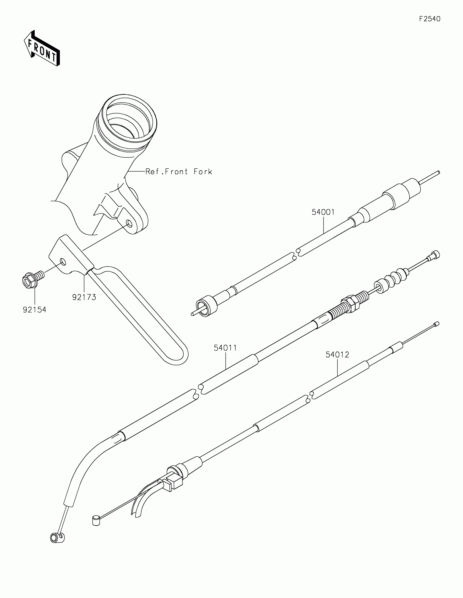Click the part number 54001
[x=323, y=212]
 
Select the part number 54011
[x=225, y=348]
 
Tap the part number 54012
[x=337, y=355]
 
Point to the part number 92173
[x=84, y=297]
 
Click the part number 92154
[x=35, y=310]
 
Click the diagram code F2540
[x=430, y=19]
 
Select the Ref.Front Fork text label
[x=179, y=172]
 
